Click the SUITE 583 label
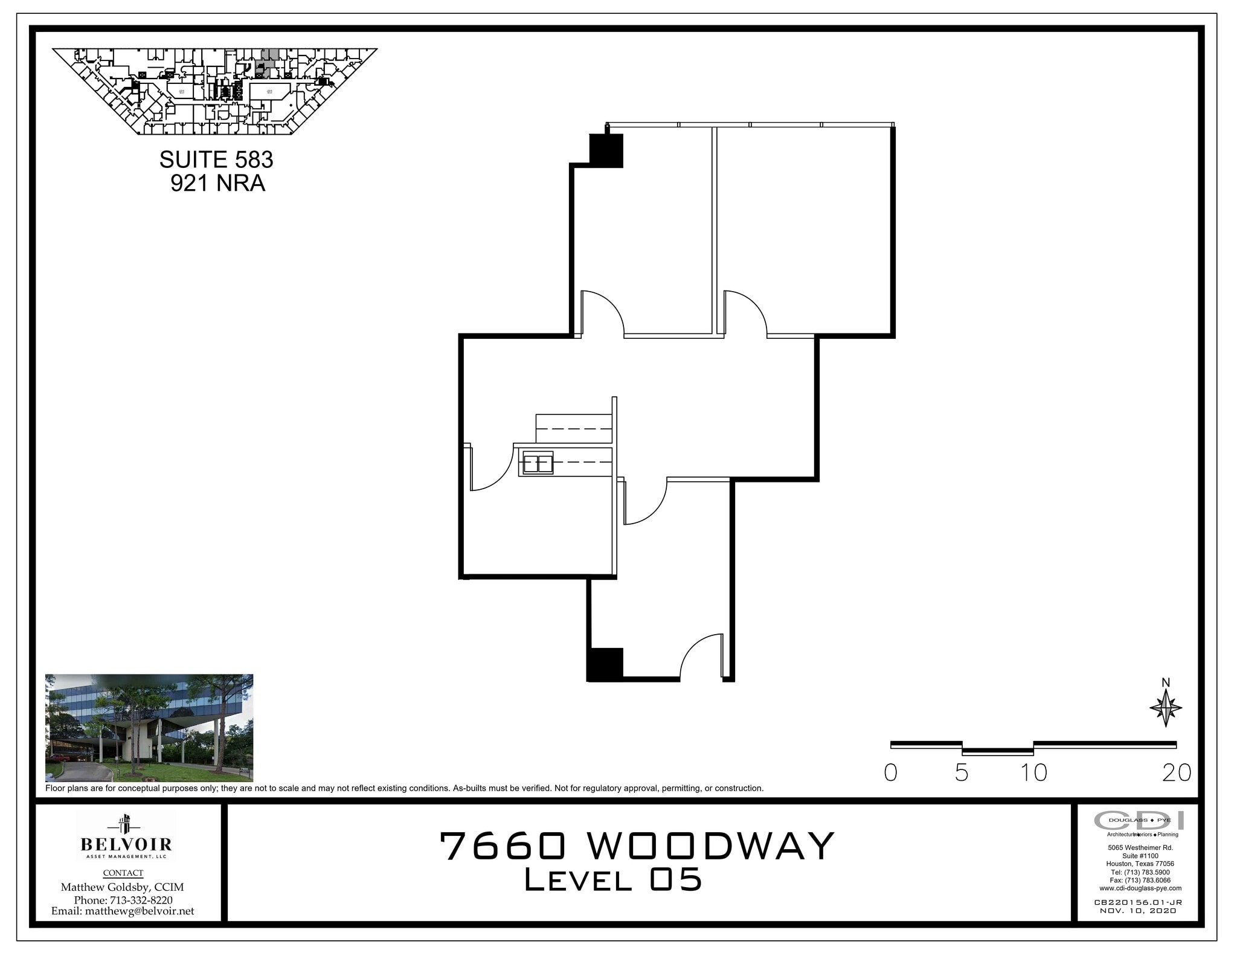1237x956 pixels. pos(216,160)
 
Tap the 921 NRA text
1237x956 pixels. pos(217,183)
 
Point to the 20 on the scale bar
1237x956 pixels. pos(1177,773)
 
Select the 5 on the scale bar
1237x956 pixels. pos(962,773)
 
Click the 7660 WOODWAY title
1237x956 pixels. pos(637,846)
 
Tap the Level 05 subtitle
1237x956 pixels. pos(613,880)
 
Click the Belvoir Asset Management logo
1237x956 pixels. pos(126,837)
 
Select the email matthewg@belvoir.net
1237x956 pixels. pos(123,911)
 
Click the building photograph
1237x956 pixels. pos(149,728)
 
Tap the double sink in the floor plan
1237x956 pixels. pos(538,463)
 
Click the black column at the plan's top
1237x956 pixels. pos(605,151)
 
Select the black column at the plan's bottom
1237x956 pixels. pos(605,664)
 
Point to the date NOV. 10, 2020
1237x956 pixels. pos(1138,928)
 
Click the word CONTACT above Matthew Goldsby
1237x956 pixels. pos(123,873)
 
